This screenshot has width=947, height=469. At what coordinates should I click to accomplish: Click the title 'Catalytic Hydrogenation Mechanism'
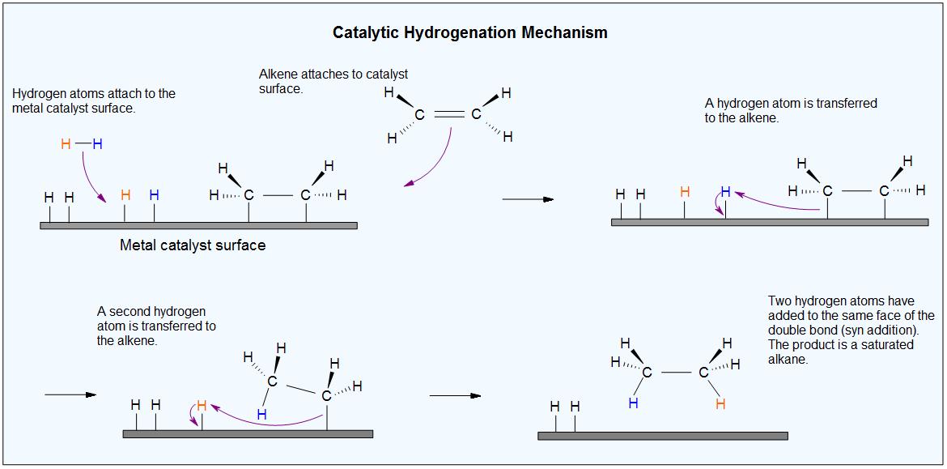[x=470, y=33]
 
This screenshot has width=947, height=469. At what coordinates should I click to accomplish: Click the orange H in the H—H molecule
[x=66, y=144]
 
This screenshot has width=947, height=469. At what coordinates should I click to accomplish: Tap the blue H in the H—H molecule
[x=98, y=144]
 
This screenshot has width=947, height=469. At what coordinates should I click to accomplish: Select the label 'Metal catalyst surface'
[x=193, y=245]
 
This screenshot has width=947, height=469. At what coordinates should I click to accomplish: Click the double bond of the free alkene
[x=449, y=115]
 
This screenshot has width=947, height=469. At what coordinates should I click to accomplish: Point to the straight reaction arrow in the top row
[x=528, y=198]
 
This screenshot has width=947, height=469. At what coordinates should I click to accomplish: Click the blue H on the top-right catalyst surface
[x=725, y=192]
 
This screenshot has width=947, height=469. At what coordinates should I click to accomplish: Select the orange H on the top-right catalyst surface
[x=685, y=192]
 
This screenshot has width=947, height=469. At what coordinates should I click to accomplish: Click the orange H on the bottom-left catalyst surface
[x=202, y=405]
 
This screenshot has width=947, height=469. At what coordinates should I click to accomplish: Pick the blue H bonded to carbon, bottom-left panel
[x=261, y=414]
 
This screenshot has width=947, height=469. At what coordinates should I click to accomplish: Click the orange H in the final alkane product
[x=720, y=403]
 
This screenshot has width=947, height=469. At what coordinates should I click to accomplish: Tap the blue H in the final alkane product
[x=633, y=403]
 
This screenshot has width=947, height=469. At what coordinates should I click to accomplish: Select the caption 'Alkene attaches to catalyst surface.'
[x=333, y=81]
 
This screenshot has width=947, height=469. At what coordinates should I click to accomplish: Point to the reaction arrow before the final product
[x=455, y=395]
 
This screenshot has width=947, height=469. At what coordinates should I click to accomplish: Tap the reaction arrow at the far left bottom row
[x=70, y=394]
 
